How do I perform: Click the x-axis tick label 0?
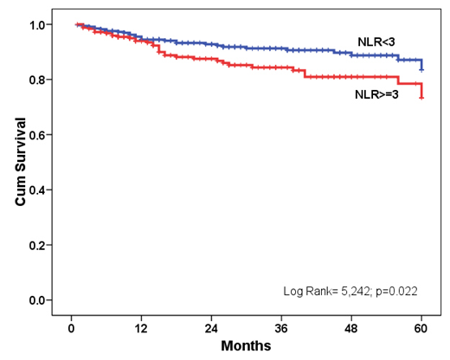click(x=71, y=330)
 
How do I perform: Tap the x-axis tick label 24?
click(x=211, y=330)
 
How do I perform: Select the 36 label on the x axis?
click(x=281, y=330)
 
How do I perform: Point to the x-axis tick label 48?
click(x=351, y=330)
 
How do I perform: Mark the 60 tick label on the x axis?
click(x=421, y=330)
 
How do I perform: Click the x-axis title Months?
click(x=246, y=346)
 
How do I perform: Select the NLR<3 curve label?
click(x=378, y=42)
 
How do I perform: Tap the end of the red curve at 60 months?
click(x=421, y=98)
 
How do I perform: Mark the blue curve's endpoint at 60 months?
click(x=421, y=69)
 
